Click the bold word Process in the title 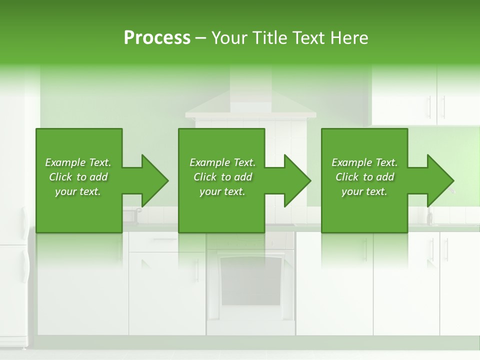click(157, 37)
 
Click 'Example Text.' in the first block click(78, 162)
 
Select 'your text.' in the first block click(78, 191)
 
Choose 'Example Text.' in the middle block click(222, 162)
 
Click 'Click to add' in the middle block click(222, 177)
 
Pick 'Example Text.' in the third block click(364, 162)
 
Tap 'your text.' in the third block click(364, 191)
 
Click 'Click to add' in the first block click(78, 177)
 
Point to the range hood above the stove click(250, 107)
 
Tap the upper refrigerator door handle click(24, 220)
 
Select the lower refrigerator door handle click(24, 265)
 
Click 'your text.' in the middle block click(222, 191)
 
